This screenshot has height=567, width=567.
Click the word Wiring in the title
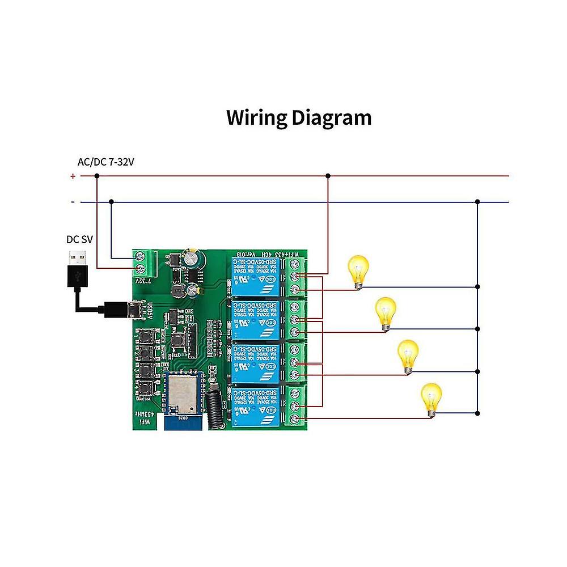click(x=256, y=118)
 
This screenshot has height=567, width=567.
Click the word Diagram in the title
click(x=332, y=118)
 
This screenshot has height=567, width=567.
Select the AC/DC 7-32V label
click(x=105, y=162)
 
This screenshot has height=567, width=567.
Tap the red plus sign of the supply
click(x=73, y=176)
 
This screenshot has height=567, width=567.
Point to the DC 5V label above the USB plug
click(x=79, y=239)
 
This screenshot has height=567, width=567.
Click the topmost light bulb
click(x=358, y=270)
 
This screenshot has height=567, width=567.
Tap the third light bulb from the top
click(x=407, y=355)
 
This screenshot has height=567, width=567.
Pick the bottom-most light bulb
click(x=431, y=399)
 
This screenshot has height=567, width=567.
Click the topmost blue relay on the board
click(x=255, y=275)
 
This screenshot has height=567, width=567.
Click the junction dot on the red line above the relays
click(x=328, y=176)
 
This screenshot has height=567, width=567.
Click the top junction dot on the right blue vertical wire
click(x=478, y=202)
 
